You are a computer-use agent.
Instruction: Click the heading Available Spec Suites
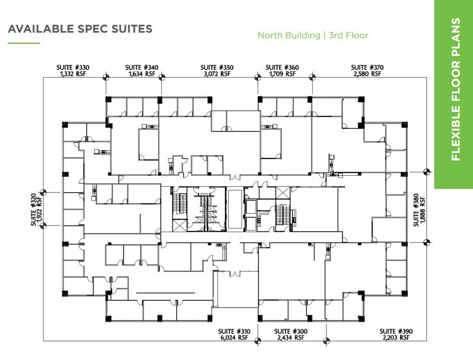(80, 29)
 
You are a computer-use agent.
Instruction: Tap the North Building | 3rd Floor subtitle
(313, 35)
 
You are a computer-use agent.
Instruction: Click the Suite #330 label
(73, 68)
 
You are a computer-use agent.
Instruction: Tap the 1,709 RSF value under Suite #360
(282, 74)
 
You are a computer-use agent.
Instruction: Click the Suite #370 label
(368, 68)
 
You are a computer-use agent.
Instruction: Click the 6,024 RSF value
(235, 338)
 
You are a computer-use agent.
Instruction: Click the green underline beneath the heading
(24, 43)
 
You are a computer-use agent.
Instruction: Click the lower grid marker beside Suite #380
(426, 242)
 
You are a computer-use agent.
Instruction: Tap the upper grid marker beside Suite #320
(43, 192)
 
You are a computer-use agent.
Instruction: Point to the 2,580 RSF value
(368, 74)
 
